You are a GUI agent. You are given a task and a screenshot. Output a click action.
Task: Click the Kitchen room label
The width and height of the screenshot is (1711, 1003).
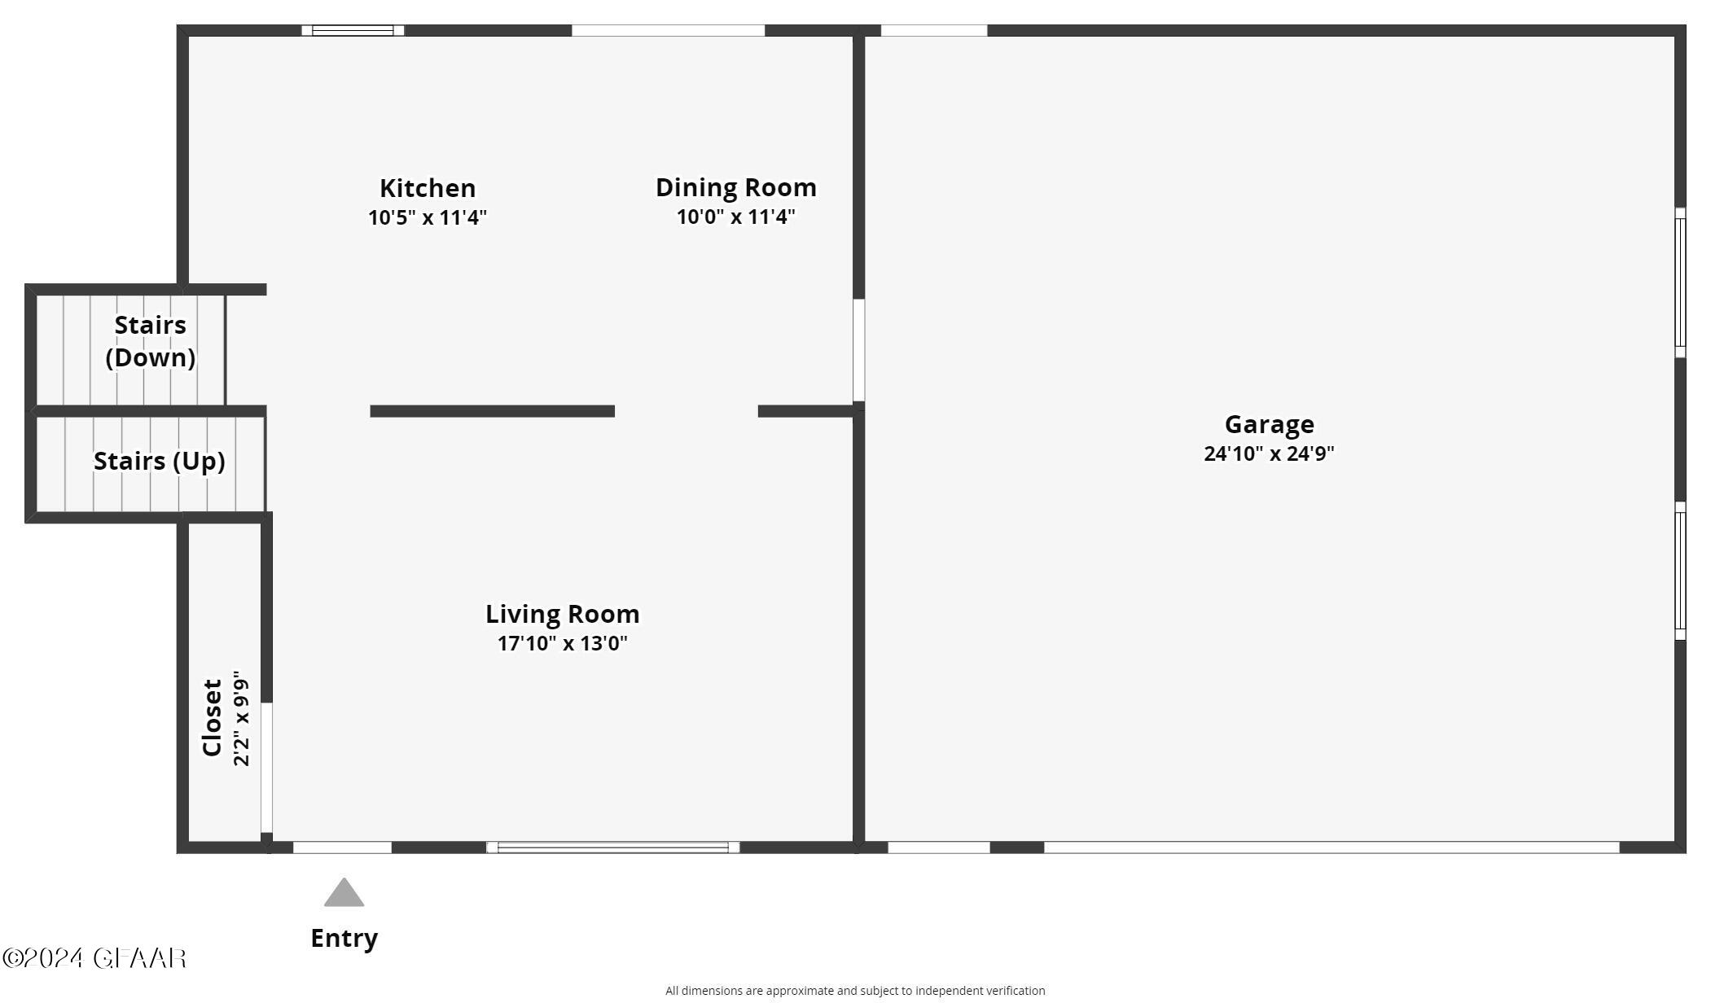point(428,188)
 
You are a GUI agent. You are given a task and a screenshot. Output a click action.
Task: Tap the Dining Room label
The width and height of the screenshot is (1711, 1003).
point(735,187)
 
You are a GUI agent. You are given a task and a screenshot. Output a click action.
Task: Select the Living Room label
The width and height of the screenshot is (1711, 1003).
point(562,614)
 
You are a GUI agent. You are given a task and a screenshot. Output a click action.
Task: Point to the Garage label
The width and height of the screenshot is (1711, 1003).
point(1269,424)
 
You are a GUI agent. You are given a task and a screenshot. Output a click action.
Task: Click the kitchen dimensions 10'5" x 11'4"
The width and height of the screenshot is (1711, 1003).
point(428,217)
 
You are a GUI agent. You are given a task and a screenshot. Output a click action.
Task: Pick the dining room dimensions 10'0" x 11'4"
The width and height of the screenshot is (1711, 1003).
point(735,217)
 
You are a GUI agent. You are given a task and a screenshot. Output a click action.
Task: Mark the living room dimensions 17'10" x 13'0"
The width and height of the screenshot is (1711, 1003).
point(562,643)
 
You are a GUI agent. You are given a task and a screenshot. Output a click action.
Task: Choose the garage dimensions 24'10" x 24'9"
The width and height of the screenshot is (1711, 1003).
point(1269,453)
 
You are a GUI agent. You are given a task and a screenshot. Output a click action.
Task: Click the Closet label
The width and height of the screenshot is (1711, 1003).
point(213,717)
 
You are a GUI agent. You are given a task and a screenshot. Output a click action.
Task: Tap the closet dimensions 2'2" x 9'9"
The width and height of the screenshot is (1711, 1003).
point(241,718)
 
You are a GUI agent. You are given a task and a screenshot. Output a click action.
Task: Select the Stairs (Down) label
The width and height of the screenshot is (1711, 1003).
point(151,341)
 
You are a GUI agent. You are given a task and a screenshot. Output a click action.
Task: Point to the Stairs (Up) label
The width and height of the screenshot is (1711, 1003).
point(159,461)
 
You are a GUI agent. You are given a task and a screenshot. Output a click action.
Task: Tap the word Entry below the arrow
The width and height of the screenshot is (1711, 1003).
point(344,938)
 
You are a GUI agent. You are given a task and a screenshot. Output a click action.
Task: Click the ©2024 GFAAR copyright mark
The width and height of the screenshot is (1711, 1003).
point(94,958)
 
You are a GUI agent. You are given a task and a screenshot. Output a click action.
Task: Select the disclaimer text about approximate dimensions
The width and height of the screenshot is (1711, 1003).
point(855,991)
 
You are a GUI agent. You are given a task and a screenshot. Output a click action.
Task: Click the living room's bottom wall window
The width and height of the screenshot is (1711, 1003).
point(612,848)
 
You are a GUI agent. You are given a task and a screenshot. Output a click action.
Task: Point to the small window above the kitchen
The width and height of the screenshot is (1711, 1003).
point(353,31)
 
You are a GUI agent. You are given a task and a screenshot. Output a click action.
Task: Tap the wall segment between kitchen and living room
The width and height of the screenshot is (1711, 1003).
point(492,411)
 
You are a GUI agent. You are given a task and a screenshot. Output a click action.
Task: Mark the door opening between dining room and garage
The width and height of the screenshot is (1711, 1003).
point(858,350)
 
